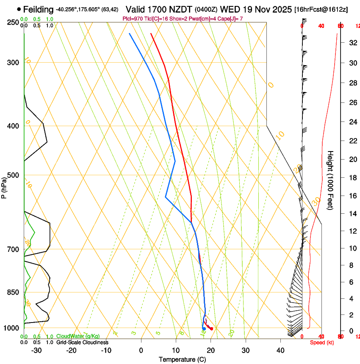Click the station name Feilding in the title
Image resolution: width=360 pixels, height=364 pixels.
(x=38, y=9)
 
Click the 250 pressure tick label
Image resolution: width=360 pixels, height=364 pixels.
(x=13, y=22)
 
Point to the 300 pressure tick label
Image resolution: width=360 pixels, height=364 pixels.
(x=13, y=63)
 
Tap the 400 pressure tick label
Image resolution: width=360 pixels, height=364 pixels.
(x=13, y=126)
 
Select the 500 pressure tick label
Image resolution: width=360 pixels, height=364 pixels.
(x=13, y=175)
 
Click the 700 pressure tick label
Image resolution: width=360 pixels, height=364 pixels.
(x=13, y=249)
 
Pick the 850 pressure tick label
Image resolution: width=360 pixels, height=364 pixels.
(x=13, y=292)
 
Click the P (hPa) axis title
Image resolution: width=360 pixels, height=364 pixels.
(x=4, y=186)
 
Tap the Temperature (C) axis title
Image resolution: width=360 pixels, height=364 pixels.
(x=182, y=359)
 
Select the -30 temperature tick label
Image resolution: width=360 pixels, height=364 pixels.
(x=36, y=350)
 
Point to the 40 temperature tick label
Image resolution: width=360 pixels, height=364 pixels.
(x=280, y=350)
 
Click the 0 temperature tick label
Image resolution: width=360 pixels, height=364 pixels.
(x=141, y=350)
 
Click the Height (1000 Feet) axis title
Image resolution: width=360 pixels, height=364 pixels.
(x=331, y=180)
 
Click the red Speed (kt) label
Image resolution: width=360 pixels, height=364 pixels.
(x=321, y=342)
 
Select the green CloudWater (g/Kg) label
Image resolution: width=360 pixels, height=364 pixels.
(x=78, y=336)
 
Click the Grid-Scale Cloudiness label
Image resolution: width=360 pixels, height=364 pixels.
(x=82, y=342)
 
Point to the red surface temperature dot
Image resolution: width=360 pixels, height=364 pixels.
(x=211, y=329)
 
